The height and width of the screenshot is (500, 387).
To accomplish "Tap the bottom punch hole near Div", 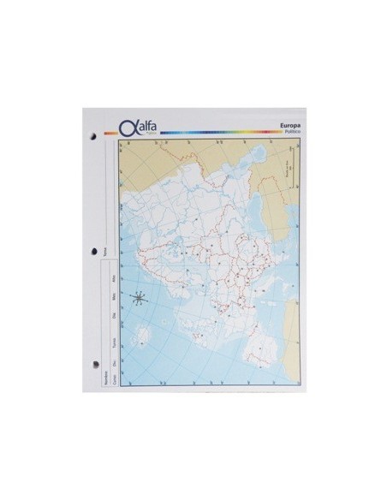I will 90,363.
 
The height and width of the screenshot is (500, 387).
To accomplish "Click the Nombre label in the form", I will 105,378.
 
